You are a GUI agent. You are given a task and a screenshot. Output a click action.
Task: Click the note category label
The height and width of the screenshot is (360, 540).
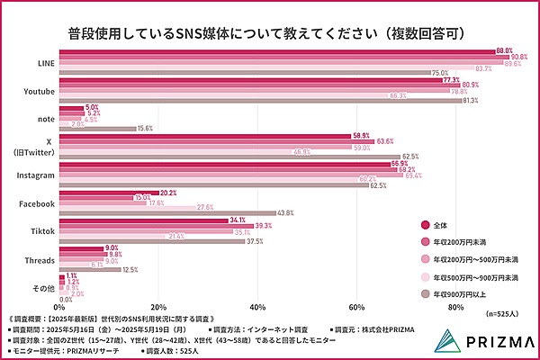click(42, 119)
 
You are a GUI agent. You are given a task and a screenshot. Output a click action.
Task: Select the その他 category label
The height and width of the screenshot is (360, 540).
click(40, 288)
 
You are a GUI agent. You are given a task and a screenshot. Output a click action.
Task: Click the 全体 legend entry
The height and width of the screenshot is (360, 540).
click(443, 223)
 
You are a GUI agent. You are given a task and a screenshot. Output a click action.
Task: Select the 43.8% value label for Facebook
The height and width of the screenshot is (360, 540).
click(286, 212)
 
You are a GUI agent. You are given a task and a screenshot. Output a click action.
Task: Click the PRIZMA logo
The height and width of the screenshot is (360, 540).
click(481, 339)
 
